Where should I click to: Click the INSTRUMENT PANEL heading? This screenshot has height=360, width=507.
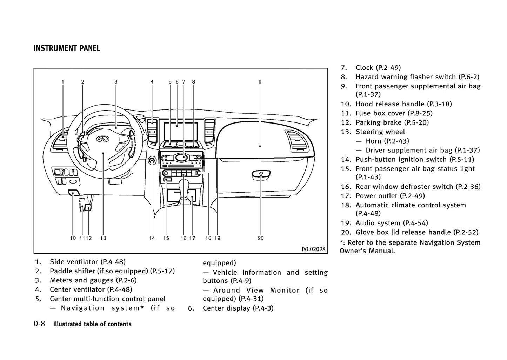[x=67, y=48]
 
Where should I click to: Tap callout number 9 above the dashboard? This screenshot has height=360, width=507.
[x=260, y=82]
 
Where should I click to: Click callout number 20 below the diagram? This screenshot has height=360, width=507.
[x=261, y=238]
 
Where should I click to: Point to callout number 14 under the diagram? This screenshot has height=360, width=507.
[x=152, y=238]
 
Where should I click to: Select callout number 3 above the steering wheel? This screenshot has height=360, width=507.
[x=116, y=82]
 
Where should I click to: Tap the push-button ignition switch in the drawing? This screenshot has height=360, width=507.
[x=152, y=161]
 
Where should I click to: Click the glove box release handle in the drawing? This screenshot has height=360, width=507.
[x=261, y=174]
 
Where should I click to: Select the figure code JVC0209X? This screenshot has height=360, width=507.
[x=314, y=249]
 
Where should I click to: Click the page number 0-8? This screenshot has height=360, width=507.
[x=39, y=324]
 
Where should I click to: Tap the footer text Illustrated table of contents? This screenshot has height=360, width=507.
[x=92, y=324]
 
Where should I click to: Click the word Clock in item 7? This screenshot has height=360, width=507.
[x=364, y=68]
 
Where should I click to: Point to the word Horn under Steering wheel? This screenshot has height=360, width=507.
[x=373, y=141]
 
